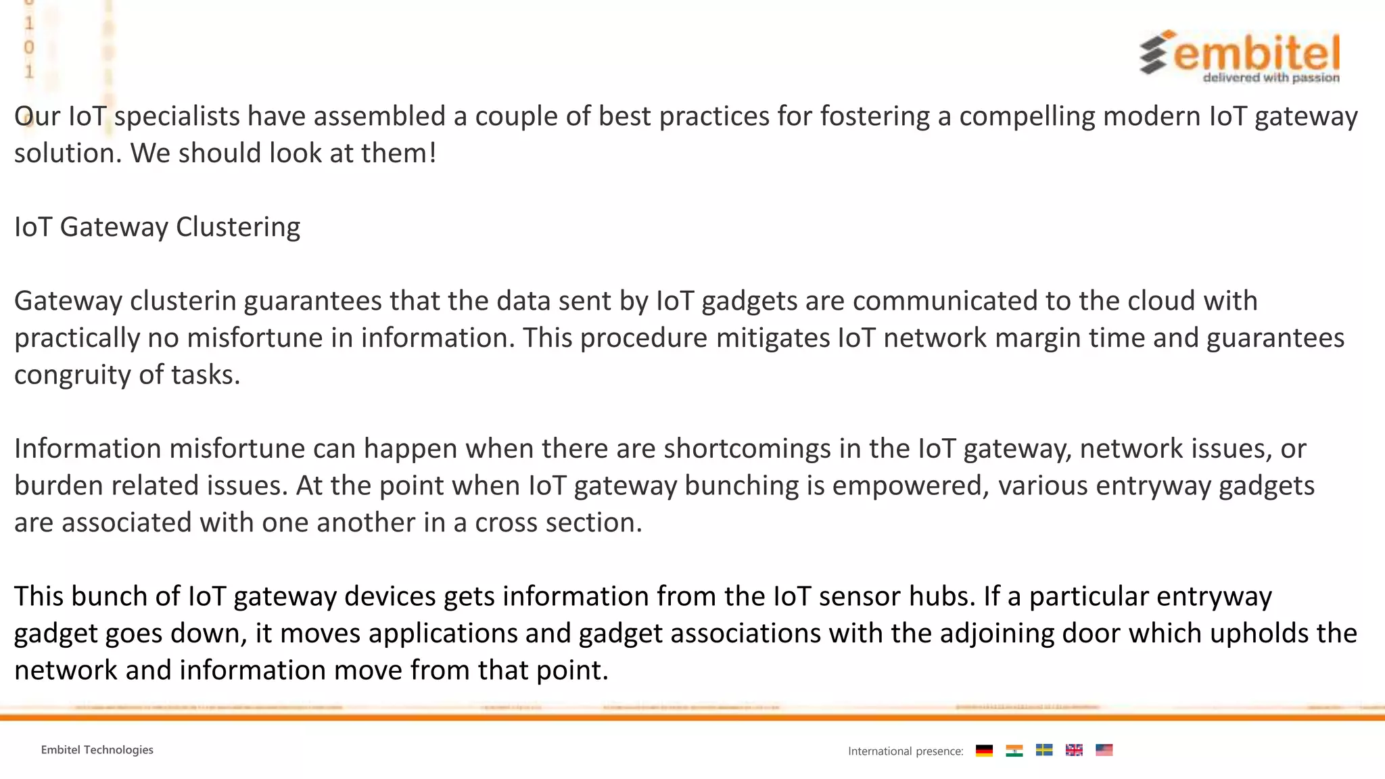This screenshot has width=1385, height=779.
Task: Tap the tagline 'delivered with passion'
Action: click(x=1271, y=78)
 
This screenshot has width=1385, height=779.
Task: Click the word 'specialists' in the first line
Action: click(x=177, y=116)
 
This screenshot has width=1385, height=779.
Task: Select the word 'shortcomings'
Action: click(x=747, y=449)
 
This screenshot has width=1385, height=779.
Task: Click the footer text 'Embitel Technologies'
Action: click(x=97, y=750)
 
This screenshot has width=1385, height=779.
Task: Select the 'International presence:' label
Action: click(x=906, y=751)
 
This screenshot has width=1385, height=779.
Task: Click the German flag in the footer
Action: click(x=984, y=751)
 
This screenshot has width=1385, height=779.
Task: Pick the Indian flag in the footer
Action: click(x=1014, y=751)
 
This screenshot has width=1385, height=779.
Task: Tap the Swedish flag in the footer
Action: click(x=1044, y=750)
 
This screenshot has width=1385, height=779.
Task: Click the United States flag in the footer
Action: click(x=1104, y=750)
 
